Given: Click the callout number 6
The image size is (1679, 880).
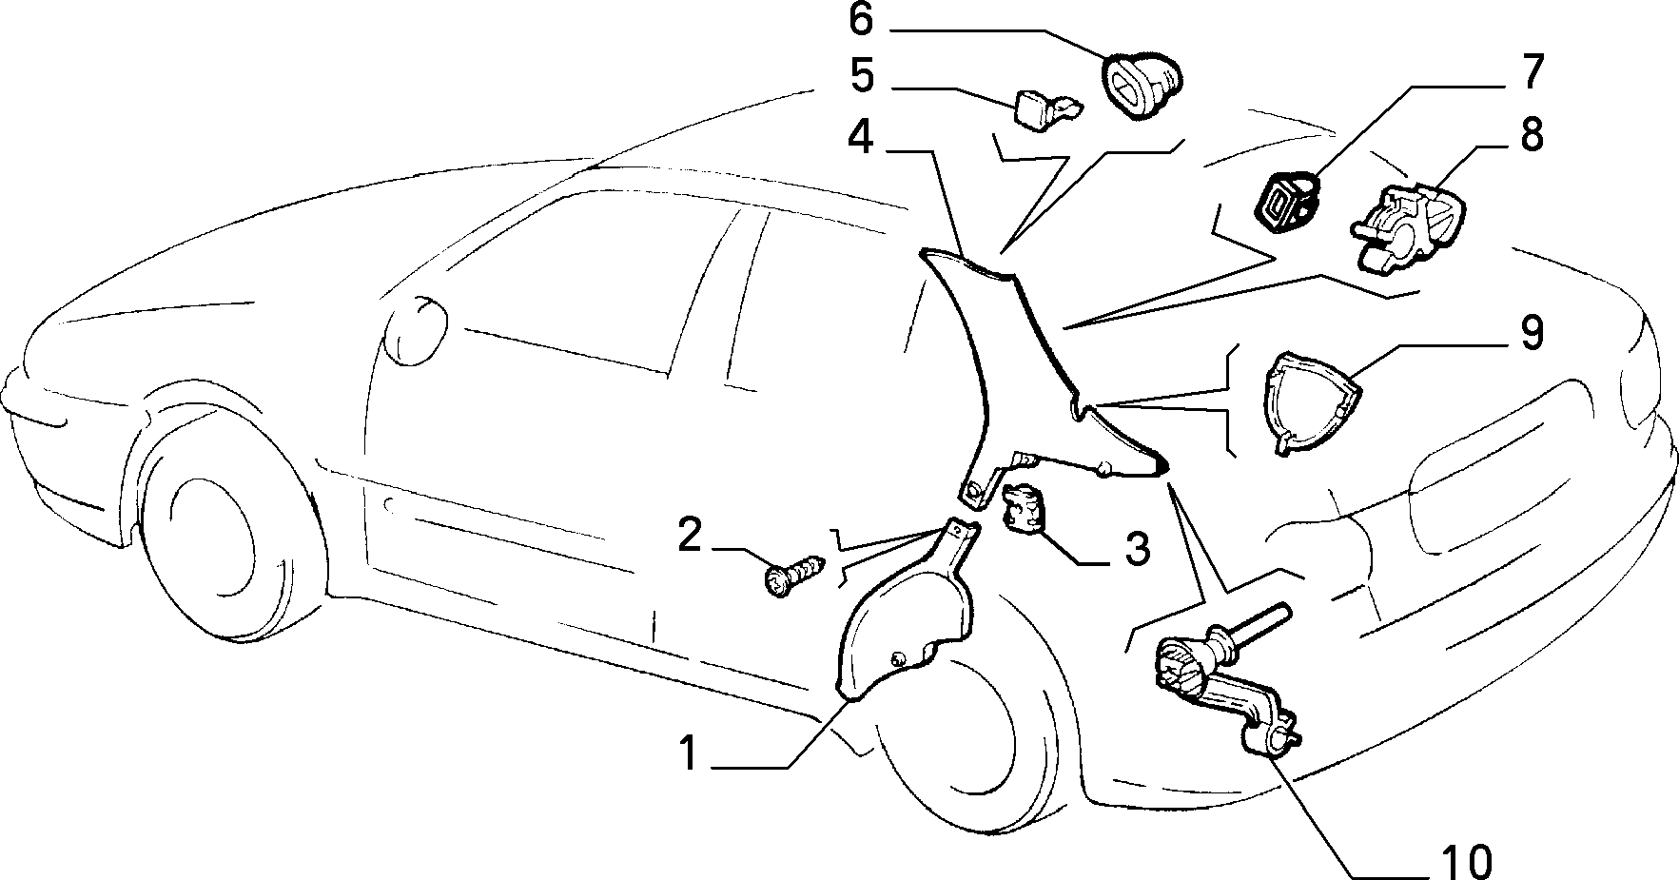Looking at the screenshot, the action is tap(861, 19).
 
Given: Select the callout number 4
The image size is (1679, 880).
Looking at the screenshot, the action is tap(860, 139).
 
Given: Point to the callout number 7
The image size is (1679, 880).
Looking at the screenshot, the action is tap(1533, 72).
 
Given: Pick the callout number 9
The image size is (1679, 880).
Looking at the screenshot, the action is tap(1532, 334).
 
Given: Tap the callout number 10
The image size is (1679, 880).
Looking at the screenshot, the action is tap(1466, 863).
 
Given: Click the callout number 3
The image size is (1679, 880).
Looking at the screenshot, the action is tap(1137, 549).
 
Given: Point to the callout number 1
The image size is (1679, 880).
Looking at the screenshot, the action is tap(690, 753).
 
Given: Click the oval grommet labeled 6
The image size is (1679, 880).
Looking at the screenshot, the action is tap(1142, 87).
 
